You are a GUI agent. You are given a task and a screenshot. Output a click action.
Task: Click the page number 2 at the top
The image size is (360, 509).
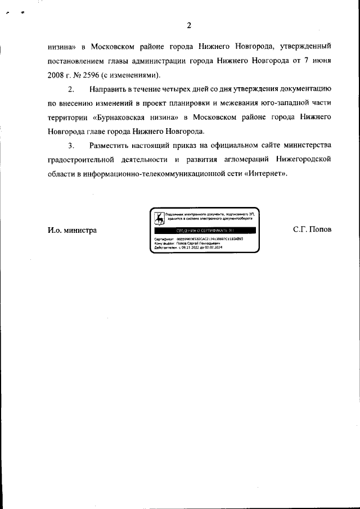189,25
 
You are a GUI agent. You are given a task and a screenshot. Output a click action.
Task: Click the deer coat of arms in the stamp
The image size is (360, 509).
160,217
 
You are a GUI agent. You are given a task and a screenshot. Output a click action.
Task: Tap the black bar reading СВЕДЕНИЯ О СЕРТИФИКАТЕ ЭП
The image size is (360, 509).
205,231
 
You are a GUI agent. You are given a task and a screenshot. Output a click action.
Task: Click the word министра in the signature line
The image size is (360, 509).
79,230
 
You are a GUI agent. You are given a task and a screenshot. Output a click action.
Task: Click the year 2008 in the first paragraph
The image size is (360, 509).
57,75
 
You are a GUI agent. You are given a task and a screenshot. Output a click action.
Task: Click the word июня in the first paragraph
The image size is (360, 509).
319,61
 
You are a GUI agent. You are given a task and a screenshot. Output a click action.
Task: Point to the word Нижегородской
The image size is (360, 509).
302,160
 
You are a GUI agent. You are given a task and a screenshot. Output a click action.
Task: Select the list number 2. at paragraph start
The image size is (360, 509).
71,89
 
